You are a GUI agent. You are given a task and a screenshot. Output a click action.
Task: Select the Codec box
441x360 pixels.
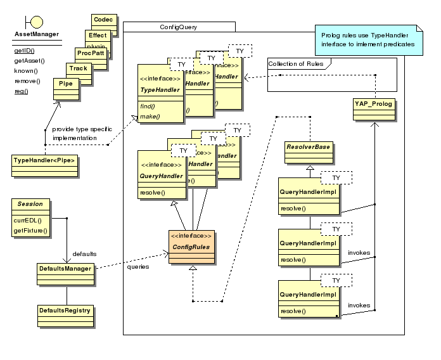click(x=103, y=20)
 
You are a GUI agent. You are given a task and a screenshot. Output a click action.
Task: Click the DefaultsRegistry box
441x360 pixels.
click(x=66, y=311)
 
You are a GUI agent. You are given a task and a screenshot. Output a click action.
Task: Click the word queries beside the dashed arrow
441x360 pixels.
click(x=137, y=267)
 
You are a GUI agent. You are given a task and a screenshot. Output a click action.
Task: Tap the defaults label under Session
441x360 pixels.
click(x=84, y=253)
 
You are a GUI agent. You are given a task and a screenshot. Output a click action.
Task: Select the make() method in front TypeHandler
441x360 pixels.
click(x=151, y=116)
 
